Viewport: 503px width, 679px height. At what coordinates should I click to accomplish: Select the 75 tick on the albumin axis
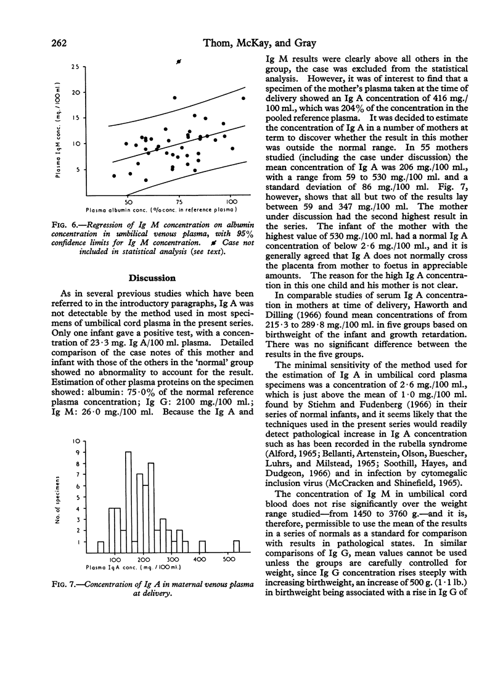tap(179, 202)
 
